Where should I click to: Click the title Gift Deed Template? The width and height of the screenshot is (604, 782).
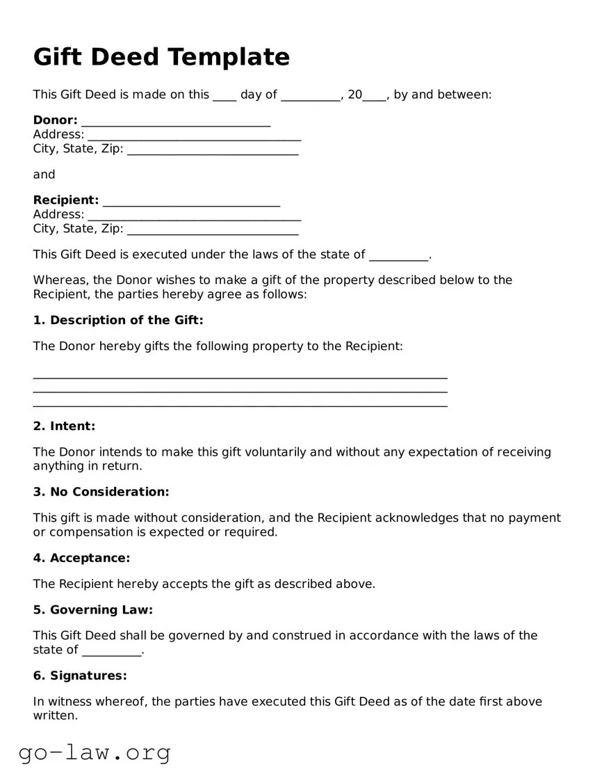161,56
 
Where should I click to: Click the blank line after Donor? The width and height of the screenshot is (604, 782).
175,122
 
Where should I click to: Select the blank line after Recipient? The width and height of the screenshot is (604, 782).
191,202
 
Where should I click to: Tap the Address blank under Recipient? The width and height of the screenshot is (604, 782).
194,216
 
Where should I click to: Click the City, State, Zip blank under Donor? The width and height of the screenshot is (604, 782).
213,150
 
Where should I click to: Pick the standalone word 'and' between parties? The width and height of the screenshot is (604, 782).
44,175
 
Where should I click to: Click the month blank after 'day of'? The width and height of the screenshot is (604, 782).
311,96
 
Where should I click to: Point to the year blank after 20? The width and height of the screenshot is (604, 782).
375,96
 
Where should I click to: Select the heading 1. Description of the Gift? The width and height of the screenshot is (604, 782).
118,320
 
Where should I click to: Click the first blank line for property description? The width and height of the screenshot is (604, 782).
240,376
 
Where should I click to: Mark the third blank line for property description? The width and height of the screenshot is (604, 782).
240,404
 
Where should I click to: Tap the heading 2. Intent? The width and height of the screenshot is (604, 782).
64,426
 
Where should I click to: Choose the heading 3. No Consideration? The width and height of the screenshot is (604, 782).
101,492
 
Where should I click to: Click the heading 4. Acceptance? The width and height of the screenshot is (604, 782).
81,558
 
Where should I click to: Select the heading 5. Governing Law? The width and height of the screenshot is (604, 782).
92,610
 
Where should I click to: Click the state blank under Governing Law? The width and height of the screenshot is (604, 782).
111,652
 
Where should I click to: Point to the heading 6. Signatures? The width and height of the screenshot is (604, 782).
80,676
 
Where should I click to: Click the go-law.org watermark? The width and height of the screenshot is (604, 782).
95,752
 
